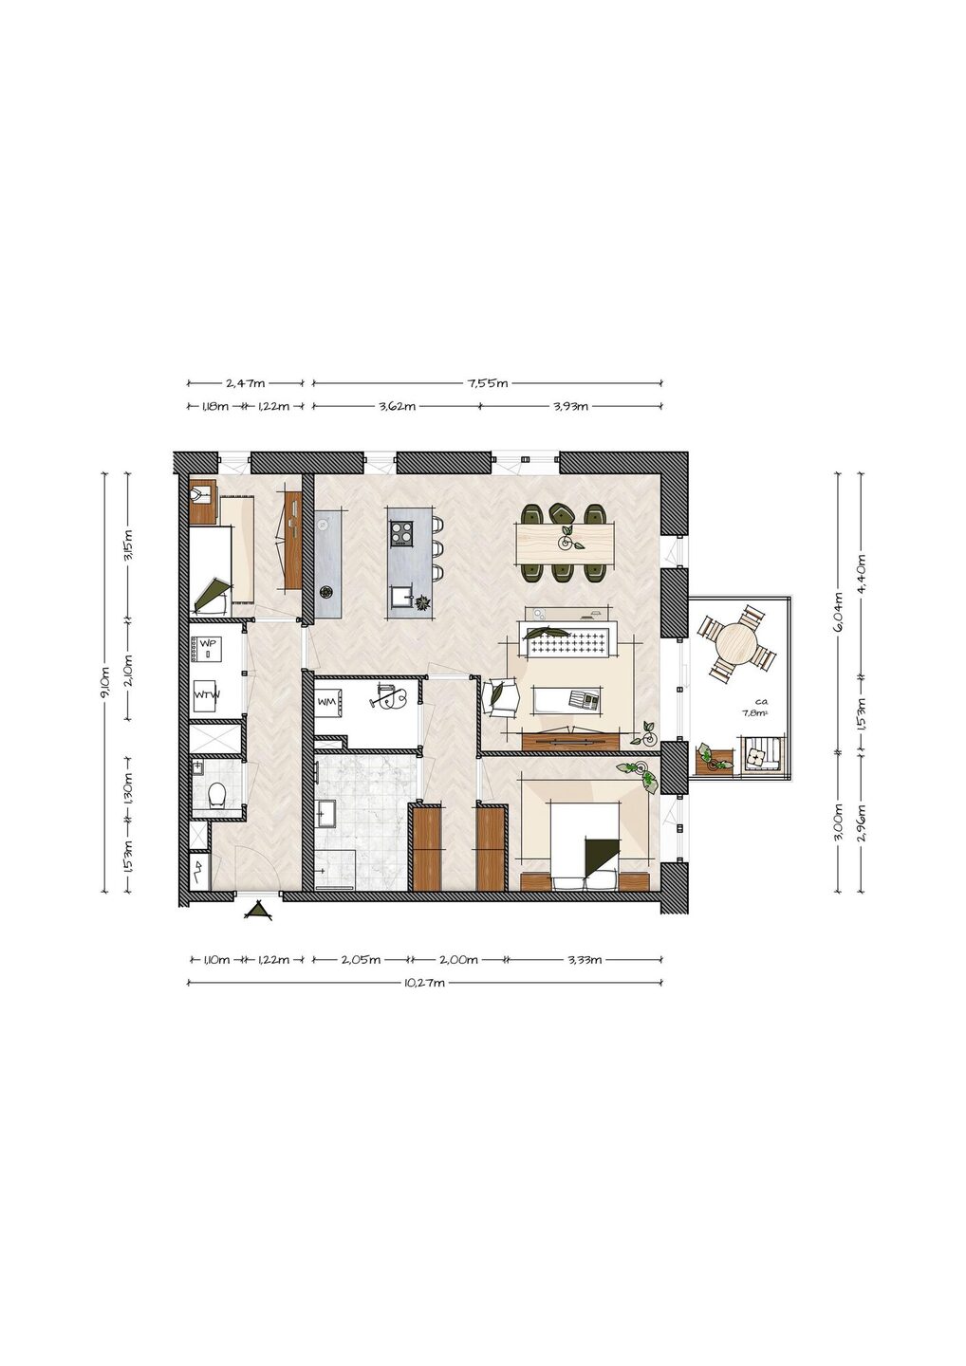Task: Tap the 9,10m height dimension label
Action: [x=104, y=682]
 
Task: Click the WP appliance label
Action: [x=208, y=644]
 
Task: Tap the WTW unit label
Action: [x=207, y=694]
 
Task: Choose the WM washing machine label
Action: [x=326, y=702]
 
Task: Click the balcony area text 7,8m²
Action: [x=753, y=712]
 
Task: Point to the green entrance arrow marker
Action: [x=258, y=910]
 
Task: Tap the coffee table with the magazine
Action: [x=569, y=699]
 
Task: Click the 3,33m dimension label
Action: [x=585, y=960]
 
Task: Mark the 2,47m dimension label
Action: [x=245, y=383]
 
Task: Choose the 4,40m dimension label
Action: [x=862, y=569]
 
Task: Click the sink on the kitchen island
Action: [x=400, y=595]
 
